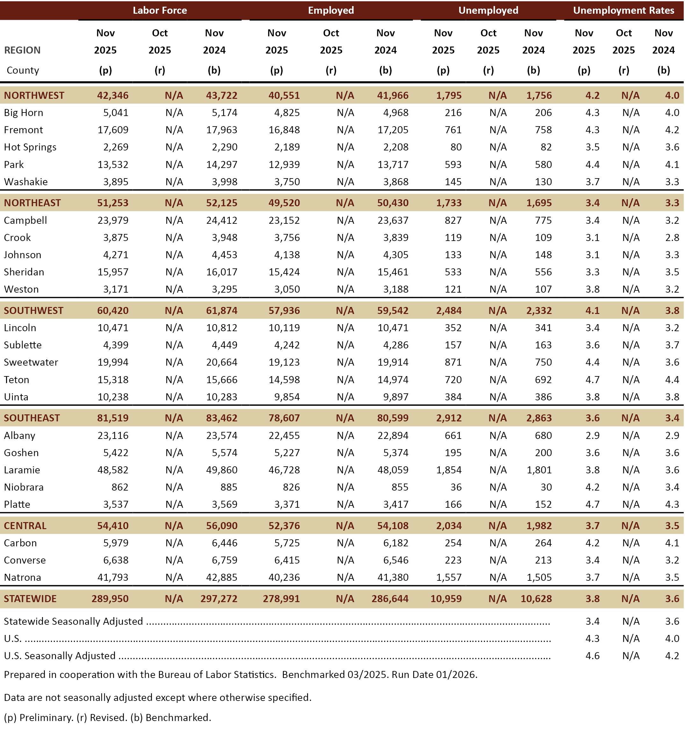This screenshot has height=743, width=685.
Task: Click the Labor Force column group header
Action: coord(160,11)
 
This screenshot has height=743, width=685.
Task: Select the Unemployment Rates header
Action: coord(624,11)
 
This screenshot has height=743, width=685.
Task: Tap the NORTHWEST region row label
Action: coord(34,95)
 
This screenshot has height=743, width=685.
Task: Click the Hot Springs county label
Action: coord(30,147)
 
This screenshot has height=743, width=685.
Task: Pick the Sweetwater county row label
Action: coord(31,362)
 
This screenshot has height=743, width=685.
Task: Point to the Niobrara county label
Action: coord(24,487)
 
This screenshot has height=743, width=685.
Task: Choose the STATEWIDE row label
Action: coord(30,599)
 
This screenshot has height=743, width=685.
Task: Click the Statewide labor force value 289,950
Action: coord(110,599)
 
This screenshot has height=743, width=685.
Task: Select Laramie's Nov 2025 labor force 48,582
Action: coord(113,470)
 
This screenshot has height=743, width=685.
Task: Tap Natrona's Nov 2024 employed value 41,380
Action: coord(393,577)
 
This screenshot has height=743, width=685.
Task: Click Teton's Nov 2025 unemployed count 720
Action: coord(453,380)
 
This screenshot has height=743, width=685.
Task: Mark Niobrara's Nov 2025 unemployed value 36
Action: coord(456,487)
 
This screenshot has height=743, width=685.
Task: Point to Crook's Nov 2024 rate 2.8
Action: coord(672,238)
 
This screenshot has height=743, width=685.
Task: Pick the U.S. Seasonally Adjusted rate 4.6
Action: coord(592,656)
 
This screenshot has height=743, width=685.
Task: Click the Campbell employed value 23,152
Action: coord(284,221)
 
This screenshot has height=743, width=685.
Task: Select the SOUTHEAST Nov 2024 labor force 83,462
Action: coord(222,418)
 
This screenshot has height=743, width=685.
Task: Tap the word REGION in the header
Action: coord(22,50)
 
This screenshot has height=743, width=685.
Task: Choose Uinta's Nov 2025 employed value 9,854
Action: coord(287,397)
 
